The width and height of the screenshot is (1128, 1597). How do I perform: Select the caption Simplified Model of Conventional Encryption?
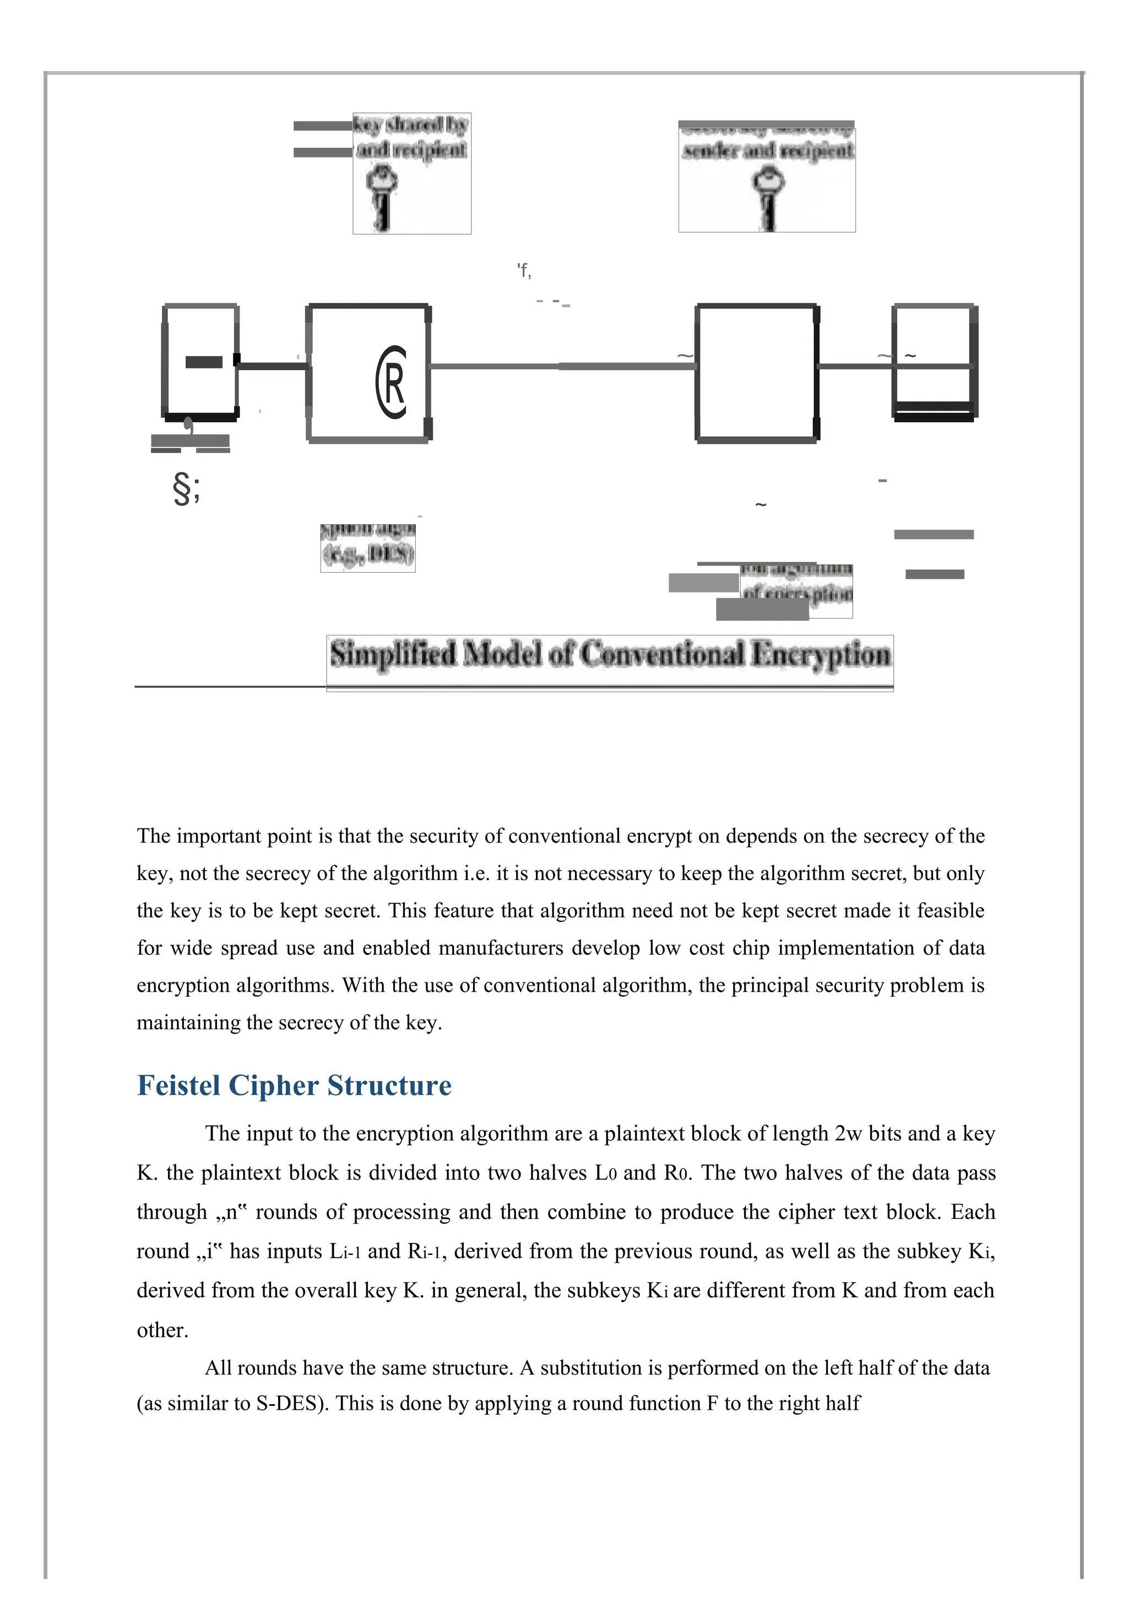coord(610,655)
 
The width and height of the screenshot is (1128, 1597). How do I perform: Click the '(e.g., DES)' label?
coord(368,555)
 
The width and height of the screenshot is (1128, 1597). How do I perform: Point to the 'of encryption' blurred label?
coord(797,593)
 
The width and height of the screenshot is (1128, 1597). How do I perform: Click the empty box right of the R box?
coord(756,373)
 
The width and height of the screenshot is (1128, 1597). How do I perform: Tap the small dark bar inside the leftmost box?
coord(204,362)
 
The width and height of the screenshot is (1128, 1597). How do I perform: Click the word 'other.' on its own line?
coord(162,1330)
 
